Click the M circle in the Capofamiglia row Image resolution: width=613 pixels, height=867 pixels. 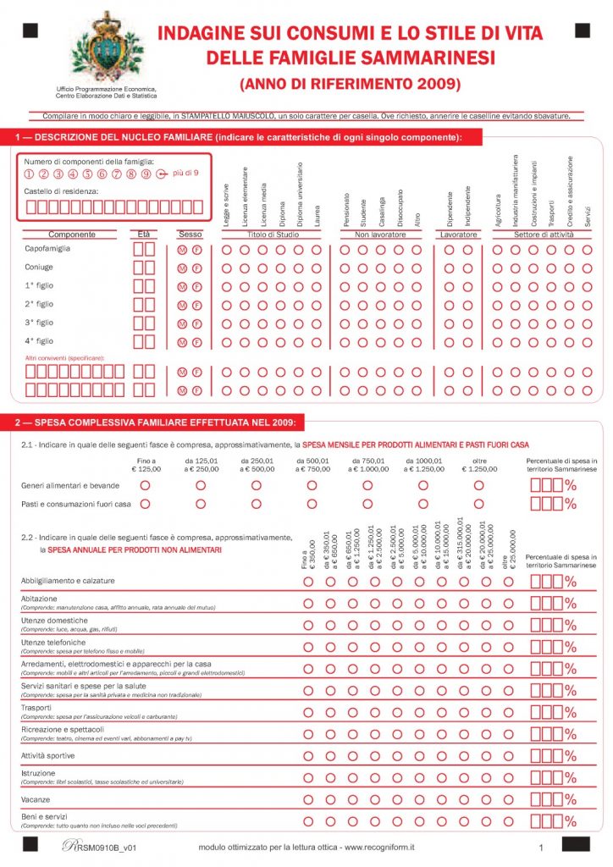pos(182,250)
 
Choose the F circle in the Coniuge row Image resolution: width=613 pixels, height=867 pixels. pos(197,268)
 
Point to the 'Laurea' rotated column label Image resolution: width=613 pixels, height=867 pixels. pos(316,211)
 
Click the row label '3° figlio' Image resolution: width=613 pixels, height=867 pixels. pos(39,323)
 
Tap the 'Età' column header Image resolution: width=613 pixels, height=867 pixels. pos(143,234)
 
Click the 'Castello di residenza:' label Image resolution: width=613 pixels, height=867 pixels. pos(61,191)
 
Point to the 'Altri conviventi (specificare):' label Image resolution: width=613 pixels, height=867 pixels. pos(64,358)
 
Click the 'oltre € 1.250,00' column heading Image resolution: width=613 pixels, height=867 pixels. pos(478,465)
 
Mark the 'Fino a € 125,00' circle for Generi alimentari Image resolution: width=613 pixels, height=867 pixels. pos(145,485)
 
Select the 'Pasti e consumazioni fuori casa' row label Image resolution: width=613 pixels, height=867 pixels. pos(75,504)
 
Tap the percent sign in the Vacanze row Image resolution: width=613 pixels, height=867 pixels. pos(570,800)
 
